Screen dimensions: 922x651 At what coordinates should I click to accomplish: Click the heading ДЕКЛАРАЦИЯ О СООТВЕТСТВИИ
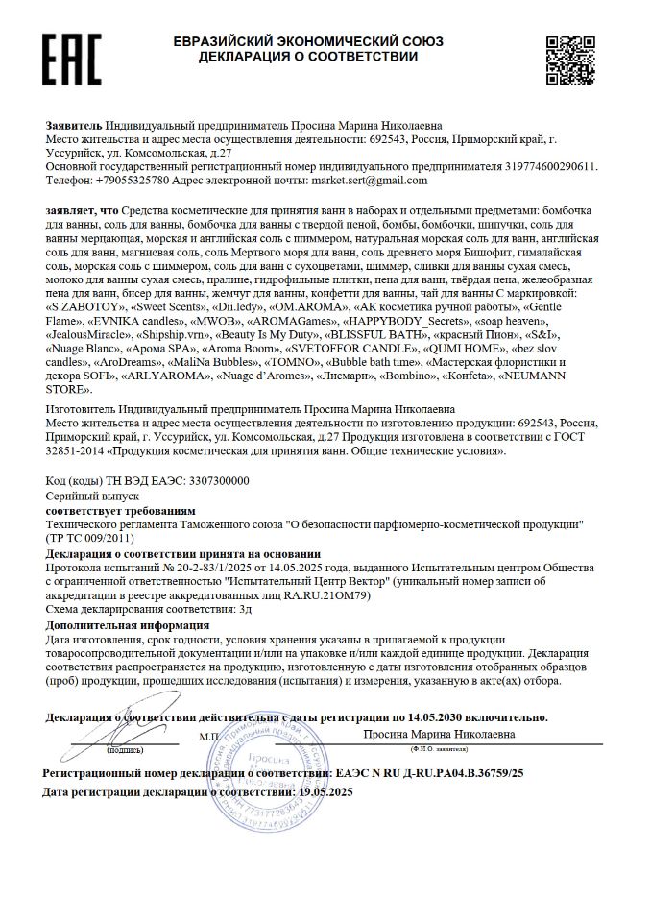[x=307, y=57]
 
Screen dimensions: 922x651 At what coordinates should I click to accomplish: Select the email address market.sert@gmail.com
[x=374, y=180]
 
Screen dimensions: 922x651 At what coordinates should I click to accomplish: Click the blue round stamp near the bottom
[x=265, y=768]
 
